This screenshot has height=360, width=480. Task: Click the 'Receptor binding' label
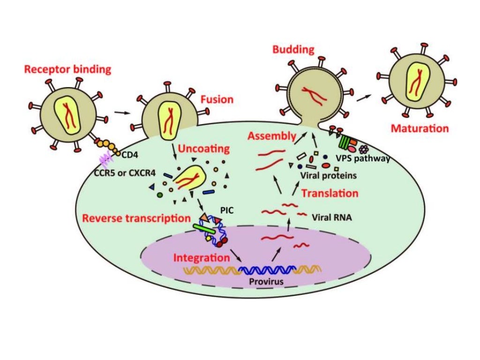tap(67, 70)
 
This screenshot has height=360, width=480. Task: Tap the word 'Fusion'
tap(217, 99)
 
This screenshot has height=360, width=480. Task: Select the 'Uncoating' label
tap(206, 149)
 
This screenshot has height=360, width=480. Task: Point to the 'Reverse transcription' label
tap(136, 218)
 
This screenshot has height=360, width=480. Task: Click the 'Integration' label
tap(201, 258)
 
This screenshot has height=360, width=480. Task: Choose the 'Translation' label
tap(330, 193)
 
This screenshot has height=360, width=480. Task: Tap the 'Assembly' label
tap(272, 136)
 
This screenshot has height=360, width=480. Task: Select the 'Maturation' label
tap(420, 128)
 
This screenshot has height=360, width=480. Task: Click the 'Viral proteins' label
tap(326, 175)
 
